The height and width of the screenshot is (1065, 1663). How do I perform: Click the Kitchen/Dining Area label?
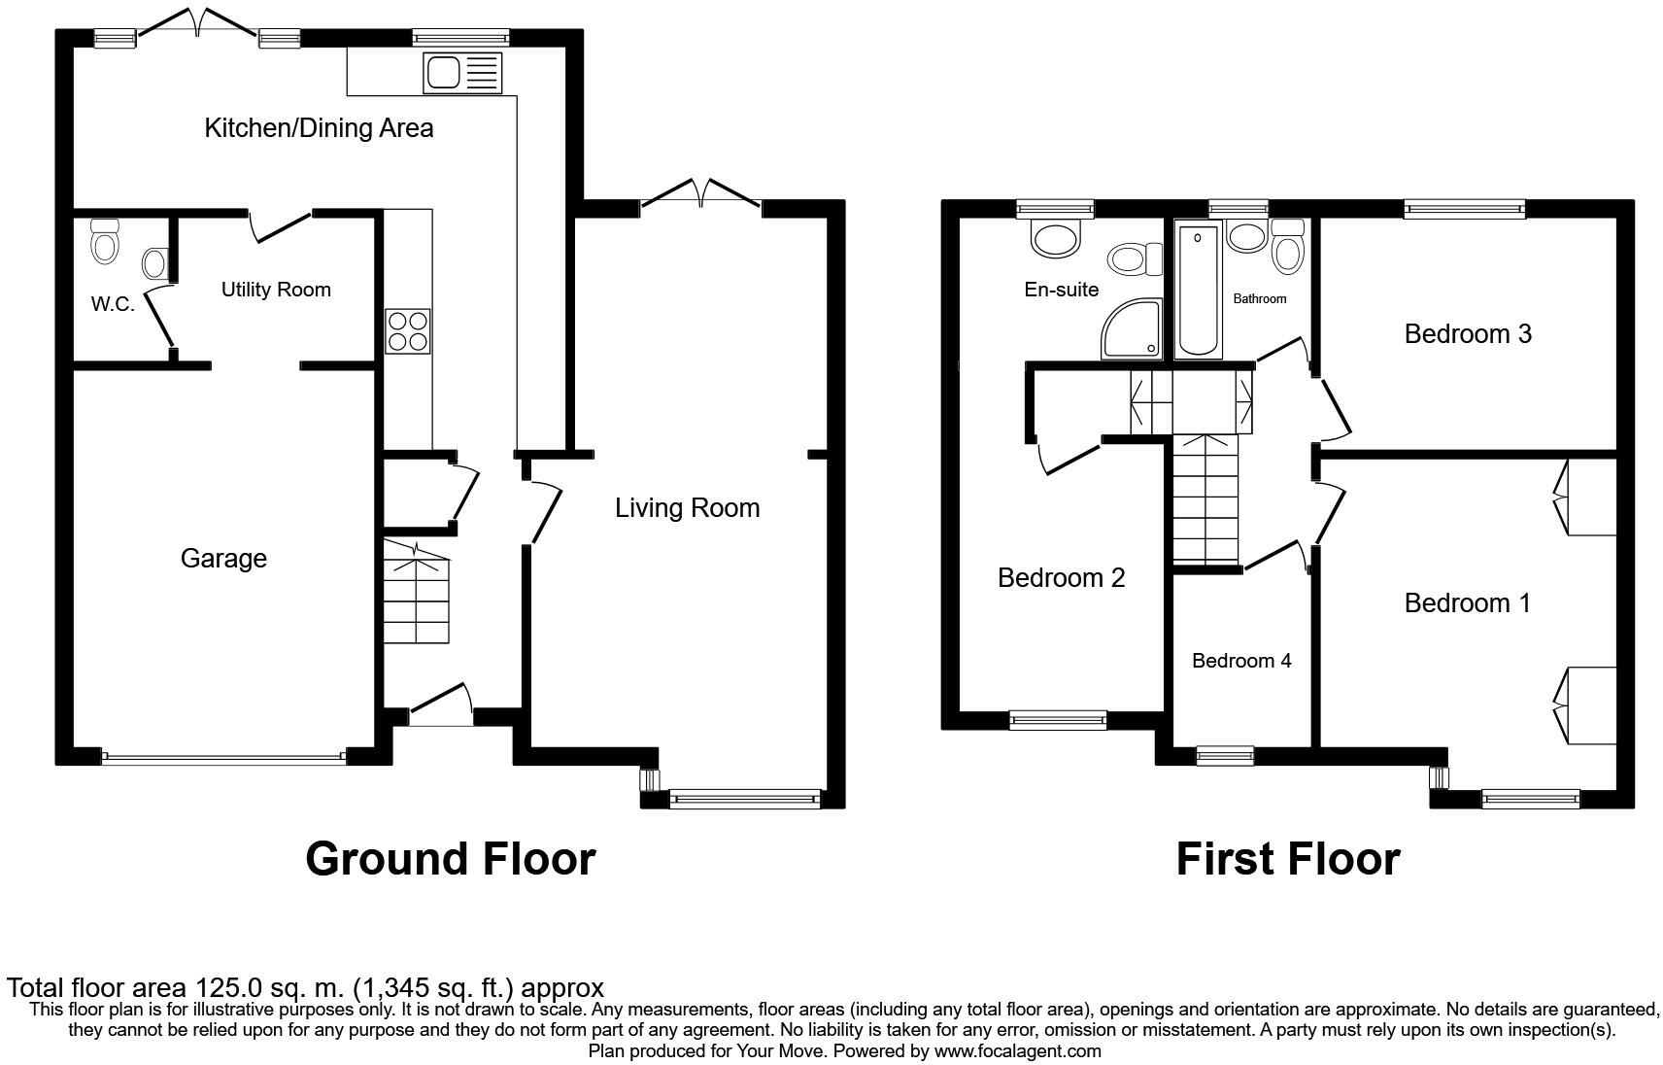[x=319, y=128]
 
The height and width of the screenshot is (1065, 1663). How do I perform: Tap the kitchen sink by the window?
[x=462, y=73]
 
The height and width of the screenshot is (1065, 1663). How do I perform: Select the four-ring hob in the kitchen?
[x=408, y=330]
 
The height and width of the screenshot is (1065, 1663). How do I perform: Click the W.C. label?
[x=113, y=304]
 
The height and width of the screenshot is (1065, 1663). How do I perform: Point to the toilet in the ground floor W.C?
[x=104, y=240]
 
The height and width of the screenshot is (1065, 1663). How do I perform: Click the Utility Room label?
[x=276, y=290]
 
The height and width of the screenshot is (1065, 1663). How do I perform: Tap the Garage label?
[x=223, y=559]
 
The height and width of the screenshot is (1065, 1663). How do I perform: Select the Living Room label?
[x=687, y=508]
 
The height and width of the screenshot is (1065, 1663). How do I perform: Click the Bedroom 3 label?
[x=1468, y=334]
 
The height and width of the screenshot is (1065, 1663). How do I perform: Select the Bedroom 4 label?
[x=1241, y=661]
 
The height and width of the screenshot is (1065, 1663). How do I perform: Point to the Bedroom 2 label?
[x=1061, y=578]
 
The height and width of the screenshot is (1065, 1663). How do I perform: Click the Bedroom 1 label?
[x=1467, y=603]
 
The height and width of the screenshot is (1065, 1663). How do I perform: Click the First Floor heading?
[x=1287, y=859]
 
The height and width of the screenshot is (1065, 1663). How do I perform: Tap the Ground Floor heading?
[x=450, y=859]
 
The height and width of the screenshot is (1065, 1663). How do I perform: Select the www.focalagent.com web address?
[x=1017, y=1050]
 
